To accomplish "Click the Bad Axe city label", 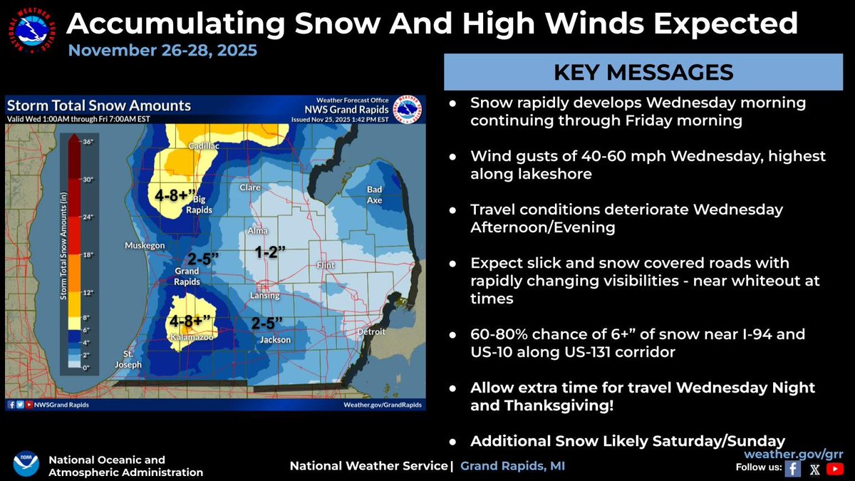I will pos(375,195).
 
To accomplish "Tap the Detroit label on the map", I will pos(371,332).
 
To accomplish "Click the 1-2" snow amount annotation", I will pos(271,251).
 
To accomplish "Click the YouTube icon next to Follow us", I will pos(836,468).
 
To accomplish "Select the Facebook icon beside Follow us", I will pos(792,468).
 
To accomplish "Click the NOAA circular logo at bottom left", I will pos(26,464).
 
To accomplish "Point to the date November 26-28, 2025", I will pos(163,51).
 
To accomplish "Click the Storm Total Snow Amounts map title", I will pos(99,105).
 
